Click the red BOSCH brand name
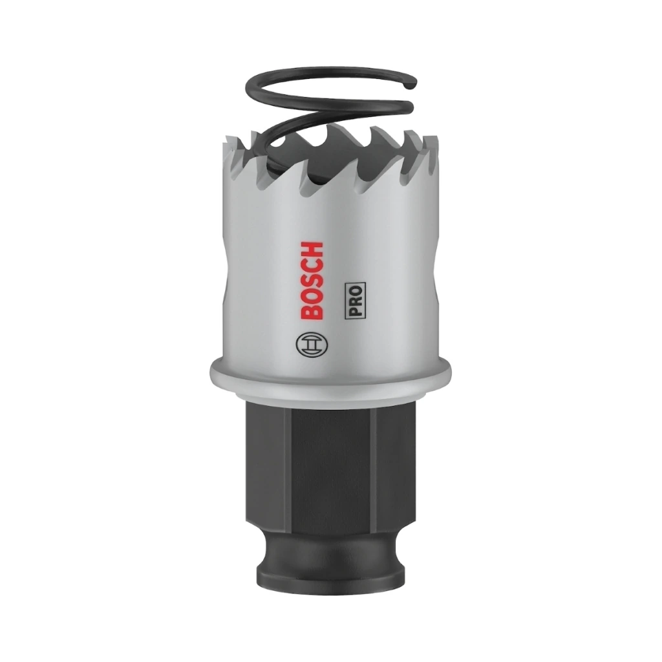point(313,281)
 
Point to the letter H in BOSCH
point(313,250)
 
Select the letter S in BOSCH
point(313,281)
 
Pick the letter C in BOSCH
point(313,266)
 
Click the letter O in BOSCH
point(313,296)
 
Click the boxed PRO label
point(355,300)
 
